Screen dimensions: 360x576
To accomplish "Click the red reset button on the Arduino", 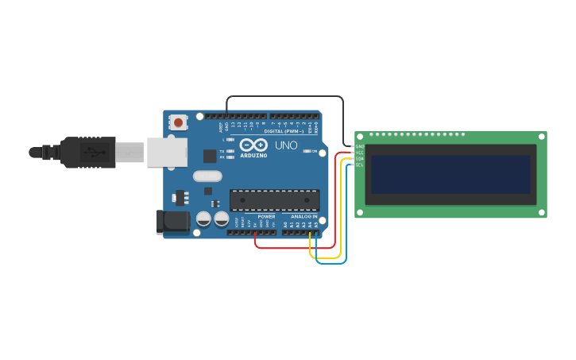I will coord(179,122).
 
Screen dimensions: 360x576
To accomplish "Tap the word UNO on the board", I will coord(286,145).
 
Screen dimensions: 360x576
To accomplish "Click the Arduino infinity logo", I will coord(253,145).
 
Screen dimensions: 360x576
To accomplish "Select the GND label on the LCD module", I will coord(360,146).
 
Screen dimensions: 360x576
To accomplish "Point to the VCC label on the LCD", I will coord(360,153).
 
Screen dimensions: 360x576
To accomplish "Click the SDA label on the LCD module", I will coord(360,158).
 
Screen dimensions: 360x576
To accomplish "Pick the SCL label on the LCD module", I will coord(360,165).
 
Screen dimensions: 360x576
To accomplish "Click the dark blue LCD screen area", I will coord(450,174).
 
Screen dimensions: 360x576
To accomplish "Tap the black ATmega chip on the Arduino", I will coord(274,200).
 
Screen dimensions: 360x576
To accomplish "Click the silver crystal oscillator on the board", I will coord(207,176).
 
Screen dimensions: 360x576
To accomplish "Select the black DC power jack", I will coord(172,222).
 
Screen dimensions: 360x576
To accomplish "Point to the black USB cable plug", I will coord(87,152).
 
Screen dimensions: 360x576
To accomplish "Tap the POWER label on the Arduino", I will coord(266,216).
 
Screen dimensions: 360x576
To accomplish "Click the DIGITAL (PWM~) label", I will coord(284,131).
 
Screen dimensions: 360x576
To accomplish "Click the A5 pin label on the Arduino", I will coord(316,225).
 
